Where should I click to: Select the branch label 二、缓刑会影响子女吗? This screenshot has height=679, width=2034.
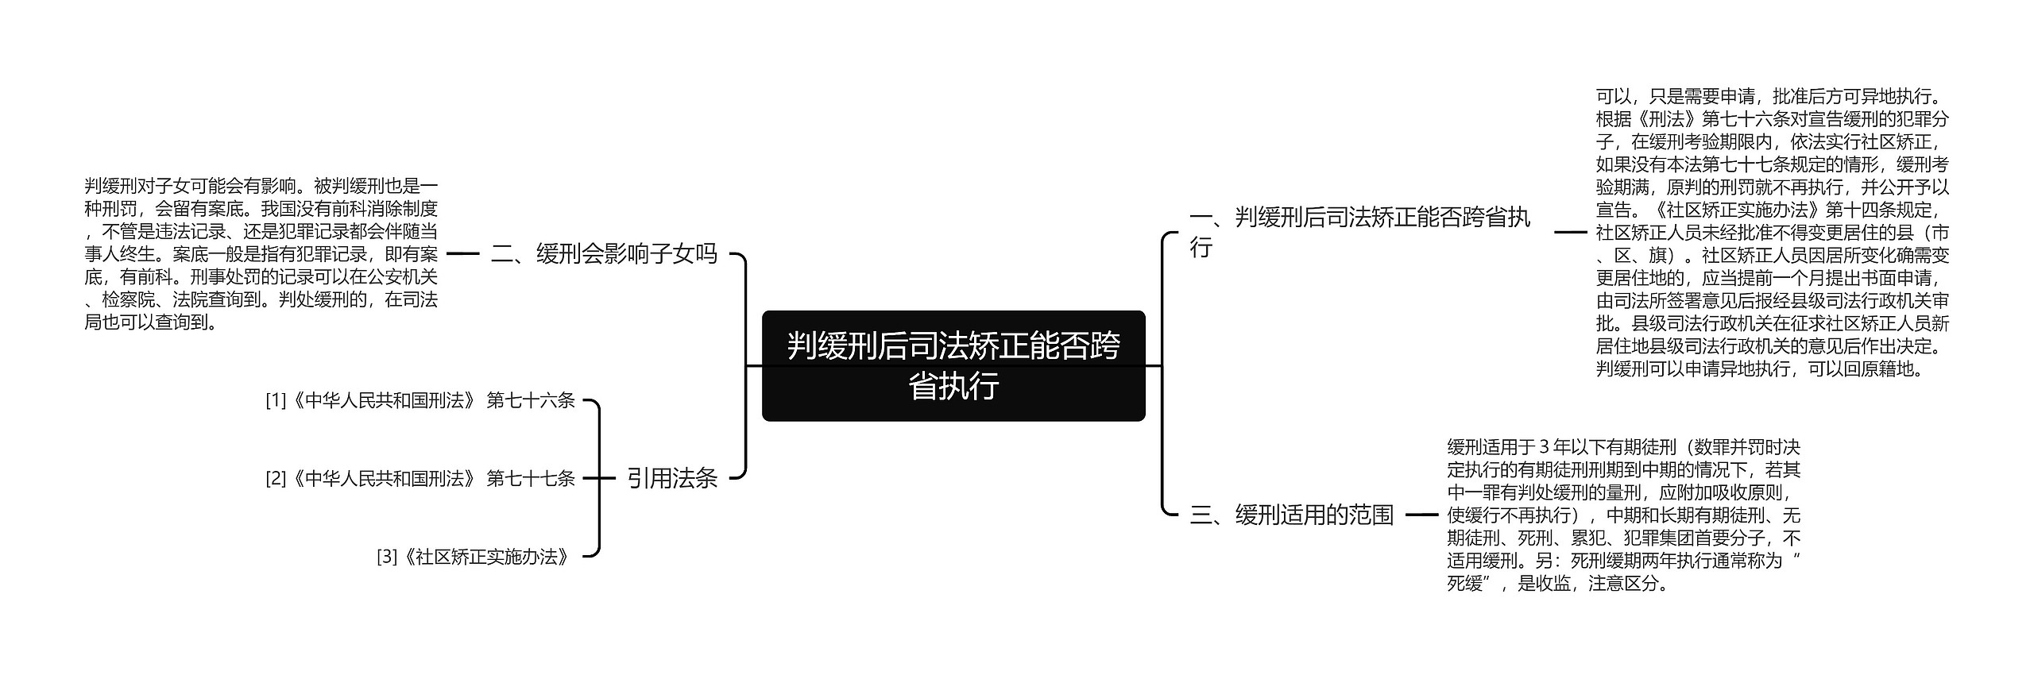[604, 254]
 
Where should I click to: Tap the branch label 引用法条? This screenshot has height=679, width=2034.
[672, 478]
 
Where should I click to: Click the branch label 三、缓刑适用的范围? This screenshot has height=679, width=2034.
[1291, 515]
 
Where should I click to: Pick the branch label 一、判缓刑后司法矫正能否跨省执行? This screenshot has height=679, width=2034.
[1359, 232]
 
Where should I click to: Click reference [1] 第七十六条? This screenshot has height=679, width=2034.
[420, 401]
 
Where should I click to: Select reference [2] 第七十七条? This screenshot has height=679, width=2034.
[420, 479]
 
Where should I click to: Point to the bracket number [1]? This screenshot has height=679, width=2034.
[275, 401]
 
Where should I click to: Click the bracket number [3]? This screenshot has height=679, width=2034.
[386, 557]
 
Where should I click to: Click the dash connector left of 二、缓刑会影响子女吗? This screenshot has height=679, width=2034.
[463, 254]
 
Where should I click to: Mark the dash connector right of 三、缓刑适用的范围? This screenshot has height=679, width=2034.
[1421, 515]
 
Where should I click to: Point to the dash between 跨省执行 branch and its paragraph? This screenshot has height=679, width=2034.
[1570, 232]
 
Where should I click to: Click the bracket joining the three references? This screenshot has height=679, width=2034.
[598, 478]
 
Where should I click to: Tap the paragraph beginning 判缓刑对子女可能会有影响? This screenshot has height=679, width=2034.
[261, 254]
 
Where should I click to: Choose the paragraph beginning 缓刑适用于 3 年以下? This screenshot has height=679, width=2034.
[1622, 515]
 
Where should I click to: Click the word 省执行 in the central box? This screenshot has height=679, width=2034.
[953, 387]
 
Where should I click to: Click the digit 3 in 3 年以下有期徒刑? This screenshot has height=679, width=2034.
[1544, 447]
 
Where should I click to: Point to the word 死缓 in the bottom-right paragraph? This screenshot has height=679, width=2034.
[1466, 584]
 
